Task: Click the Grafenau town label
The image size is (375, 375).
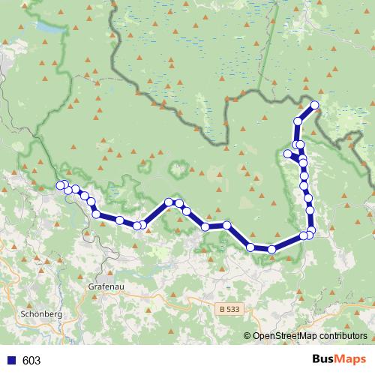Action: [104, 286]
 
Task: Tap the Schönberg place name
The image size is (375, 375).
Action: [42, 314]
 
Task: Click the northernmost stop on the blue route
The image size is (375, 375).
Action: [314, 105]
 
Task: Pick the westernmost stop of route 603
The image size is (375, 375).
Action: [61, 185]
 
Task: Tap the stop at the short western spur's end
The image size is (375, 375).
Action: [287, 154]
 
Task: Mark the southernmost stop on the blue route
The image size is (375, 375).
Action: [271, 250]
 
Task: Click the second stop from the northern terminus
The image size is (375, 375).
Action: [298, 121]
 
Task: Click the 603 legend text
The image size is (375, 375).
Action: [31, 361]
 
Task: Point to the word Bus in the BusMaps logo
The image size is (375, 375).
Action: [324, 360]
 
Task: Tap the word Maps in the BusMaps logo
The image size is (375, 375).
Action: [352, 360]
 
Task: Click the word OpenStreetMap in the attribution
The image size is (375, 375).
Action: [284, 336]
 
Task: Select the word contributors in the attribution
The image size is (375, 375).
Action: [343, 336]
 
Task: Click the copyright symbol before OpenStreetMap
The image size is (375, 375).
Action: [247, 336]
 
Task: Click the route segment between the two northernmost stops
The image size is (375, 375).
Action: [306, 113]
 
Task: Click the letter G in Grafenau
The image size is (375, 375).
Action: [91, 286]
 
